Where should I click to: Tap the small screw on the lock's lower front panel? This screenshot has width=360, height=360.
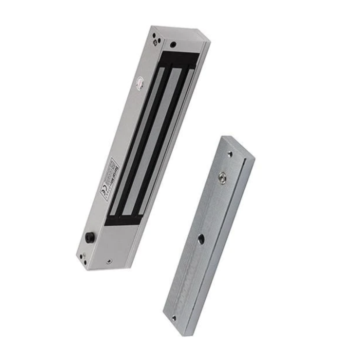108,261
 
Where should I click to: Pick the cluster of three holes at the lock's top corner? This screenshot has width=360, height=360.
156,39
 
